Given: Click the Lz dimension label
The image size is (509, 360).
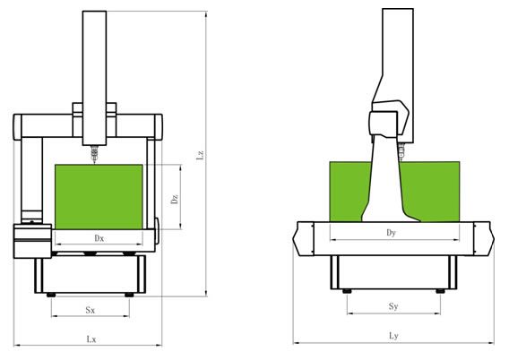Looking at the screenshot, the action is coord(201,154).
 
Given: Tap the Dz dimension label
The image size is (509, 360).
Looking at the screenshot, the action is coord(175,199).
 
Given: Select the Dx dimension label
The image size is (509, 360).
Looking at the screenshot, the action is coord(99,238).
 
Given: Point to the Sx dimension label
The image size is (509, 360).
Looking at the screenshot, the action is coord(91,310).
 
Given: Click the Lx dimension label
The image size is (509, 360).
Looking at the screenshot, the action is coord(91,339).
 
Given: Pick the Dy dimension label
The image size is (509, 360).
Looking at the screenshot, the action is coord(392,233).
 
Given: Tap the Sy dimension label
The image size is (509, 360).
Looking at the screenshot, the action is coord(393,306).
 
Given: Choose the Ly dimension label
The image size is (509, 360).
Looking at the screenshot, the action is coord(393,336).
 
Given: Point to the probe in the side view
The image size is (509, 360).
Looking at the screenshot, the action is coord(401,151).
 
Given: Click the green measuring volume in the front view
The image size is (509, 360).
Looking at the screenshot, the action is coord(99,197).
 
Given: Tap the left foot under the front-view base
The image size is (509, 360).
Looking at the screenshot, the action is coord(51,295).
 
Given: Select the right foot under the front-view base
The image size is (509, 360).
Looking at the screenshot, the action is coord(129,295).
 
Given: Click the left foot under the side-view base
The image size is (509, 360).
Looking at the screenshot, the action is coord(347,291).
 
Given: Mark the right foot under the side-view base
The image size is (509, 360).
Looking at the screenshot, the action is coord(440,291).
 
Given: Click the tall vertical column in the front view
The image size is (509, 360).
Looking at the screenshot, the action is coord(94,78).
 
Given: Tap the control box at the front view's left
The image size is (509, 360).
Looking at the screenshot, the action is coord(32,241).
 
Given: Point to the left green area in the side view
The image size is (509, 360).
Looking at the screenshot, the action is coord(348,192).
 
